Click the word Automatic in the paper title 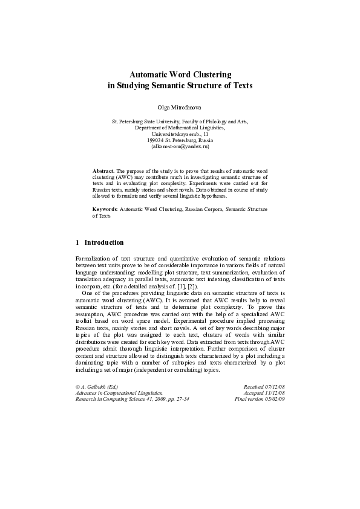[x=148, y=75]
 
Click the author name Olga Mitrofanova [x=180, y=106]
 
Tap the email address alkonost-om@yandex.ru [x=180, y=147]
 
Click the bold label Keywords [x=105, y=209]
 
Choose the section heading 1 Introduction [x=100, y=242]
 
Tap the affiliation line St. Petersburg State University [x=180, y=122]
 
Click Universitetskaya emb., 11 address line [x=180, y=134]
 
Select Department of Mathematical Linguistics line [x=180, y=128]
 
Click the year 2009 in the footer [x=156, y=399]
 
